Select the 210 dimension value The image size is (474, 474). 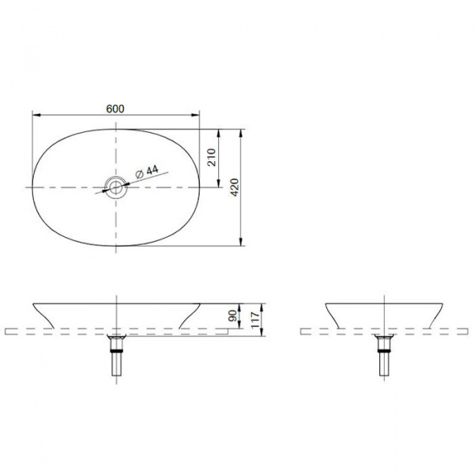pos(212,158)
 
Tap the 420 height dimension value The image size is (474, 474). pos(235,187)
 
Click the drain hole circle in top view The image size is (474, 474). pos(116,187)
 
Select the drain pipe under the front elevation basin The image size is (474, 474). pos(117,357)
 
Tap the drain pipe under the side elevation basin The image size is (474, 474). pos(386,357)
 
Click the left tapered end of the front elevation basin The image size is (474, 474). pos(43,314)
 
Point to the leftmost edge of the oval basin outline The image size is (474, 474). pos(32,187)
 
